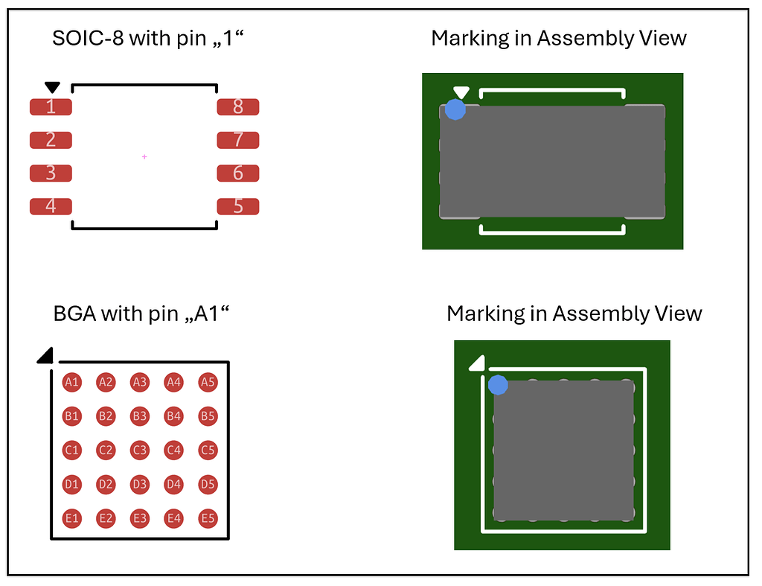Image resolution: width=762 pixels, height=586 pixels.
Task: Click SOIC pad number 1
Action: click(51, 107)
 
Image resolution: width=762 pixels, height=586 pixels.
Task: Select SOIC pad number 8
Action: click(238, 107)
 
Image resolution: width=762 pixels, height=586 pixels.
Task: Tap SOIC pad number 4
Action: click(51, 206)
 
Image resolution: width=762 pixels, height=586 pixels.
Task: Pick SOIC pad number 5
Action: click(238, 206)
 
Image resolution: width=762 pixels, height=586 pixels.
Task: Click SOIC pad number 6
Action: click(238, 173)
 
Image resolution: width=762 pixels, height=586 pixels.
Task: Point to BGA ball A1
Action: click(71, 383)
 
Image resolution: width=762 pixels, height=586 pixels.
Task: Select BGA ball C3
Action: click(139, 450)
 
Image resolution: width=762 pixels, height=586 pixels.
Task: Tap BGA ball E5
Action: click(208, 518)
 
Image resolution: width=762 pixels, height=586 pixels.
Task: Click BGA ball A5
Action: click(208, 383)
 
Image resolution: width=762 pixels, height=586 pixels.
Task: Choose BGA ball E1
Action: click(71, 518)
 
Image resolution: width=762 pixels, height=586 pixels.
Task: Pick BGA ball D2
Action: click(106, 485)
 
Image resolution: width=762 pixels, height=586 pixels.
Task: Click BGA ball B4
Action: click(173, 416)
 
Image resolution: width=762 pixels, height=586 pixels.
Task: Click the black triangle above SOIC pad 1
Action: click(51, 87)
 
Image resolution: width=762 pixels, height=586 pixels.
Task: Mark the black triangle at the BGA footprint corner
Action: click(47, 357)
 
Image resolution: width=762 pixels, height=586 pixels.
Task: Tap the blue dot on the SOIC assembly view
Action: click(455, 110)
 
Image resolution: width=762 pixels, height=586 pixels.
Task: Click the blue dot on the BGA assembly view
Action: click(498, 385)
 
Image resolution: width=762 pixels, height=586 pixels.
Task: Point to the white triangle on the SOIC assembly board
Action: click(461, 92)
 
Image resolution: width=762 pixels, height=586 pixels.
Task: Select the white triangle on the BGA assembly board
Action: click(478, 364)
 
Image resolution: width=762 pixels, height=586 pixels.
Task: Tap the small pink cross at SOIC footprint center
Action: click(144, 157)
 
